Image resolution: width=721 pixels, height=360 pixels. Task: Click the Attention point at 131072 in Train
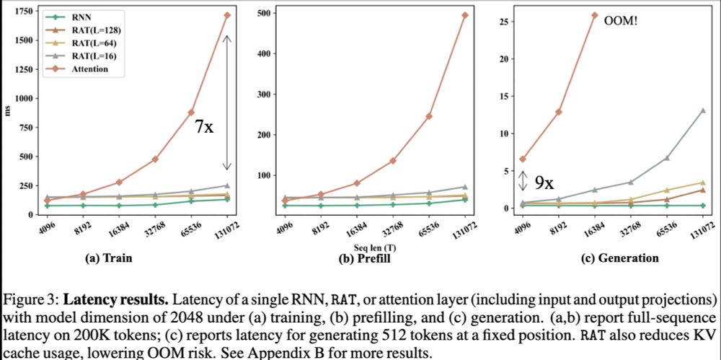coord(226,14)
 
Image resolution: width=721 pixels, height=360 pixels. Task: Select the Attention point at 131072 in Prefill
coord(464,15)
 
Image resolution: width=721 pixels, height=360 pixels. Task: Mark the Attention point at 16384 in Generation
coord(595,15)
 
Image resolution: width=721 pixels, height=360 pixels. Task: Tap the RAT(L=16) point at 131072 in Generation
coord(702,110)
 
